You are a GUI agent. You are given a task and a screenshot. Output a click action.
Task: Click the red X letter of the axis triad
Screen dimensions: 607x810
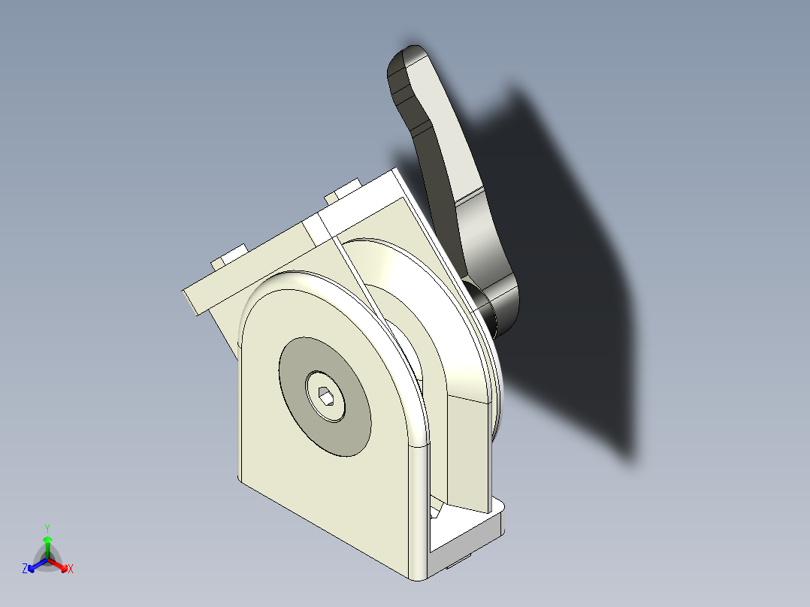71,569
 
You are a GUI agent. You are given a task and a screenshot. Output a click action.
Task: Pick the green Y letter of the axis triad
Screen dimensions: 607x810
47,528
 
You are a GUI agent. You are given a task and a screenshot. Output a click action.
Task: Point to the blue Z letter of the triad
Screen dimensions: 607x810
25,569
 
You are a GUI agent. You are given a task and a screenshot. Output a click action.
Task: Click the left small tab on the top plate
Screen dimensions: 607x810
229,255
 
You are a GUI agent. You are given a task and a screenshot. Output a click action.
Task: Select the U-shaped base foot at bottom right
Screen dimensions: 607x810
466,537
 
